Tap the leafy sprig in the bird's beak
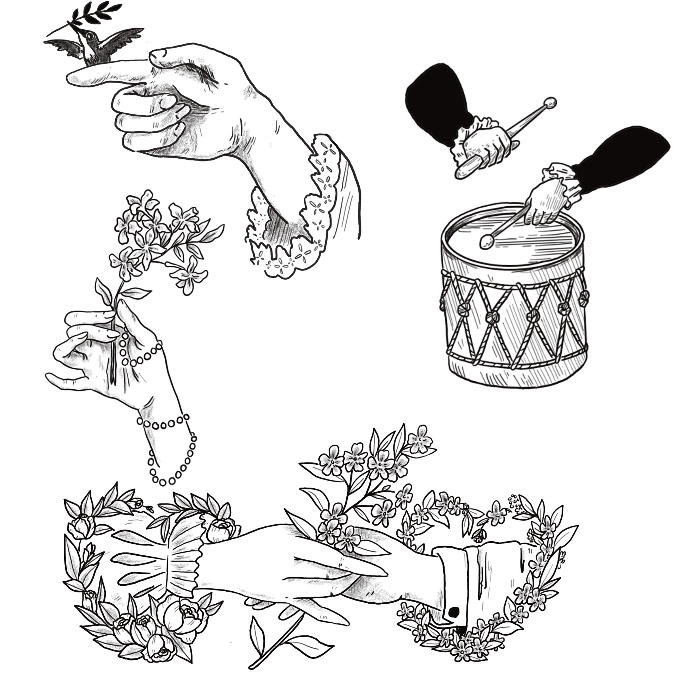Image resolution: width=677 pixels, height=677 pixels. tap(95, 14)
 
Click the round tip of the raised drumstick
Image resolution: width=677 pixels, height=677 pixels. tap(550, 103)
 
